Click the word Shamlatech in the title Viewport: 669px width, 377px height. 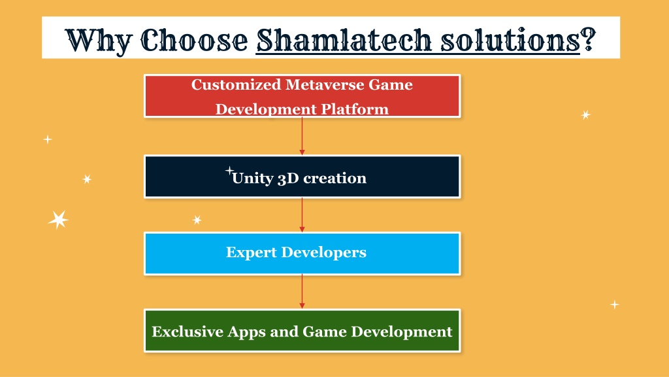344,40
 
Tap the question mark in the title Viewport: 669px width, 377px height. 588,39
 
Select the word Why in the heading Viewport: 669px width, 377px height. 98,41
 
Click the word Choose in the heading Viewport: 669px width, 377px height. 194,40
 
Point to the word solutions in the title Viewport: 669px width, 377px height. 510,40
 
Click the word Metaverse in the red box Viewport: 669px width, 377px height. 325,84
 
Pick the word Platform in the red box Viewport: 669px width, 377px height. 355,109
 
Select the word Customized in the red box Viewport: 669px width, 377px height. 236,84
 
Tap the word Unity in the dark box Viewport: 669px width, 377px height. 253,178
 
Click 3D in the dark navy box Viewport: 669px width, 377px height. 288,178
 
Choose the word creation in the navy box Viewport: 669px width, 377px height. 335,178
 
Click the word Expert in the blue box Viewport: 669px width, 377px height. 252,253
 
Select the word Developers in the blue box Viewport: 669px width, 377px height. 324,253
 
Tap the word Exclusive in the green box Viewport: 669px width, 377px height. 188,332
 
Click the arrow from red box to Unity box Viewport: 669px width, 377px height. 302,136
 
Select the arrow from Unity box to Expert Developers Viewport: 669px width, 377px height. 302,215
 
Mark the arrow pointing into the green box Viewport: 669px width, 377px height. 302,291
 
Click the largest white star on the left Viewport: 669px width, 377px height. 58,220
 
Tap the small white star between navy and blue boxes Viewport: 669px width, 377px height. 197,220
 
